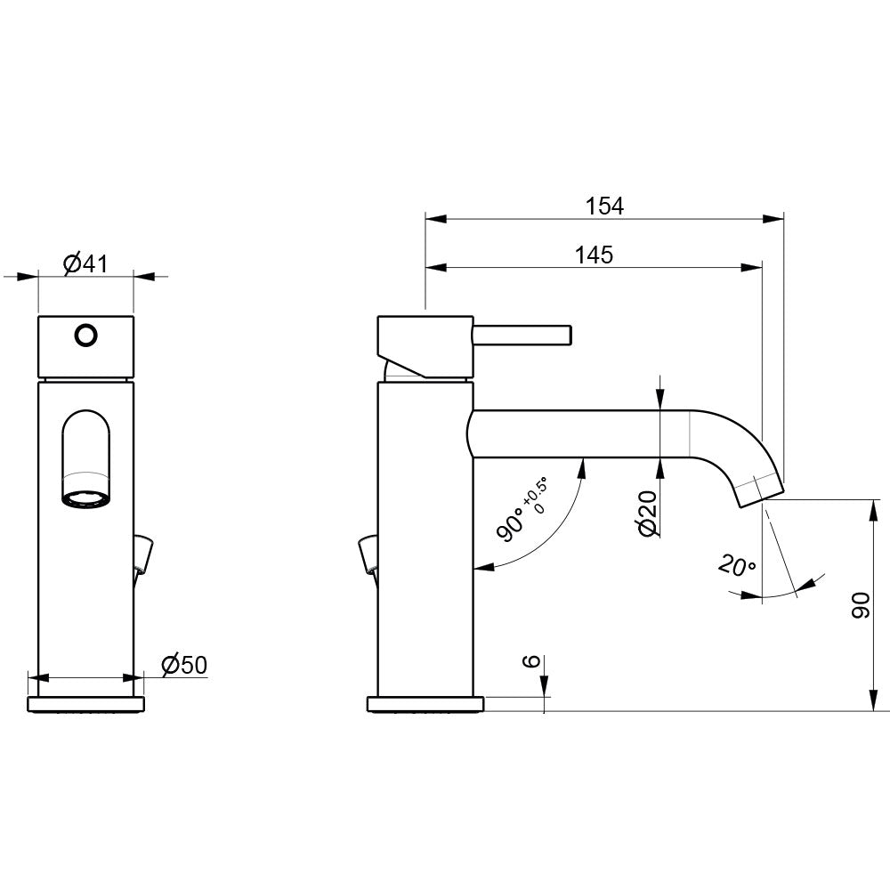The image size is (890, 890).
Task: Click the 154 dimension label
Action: click(604, 206)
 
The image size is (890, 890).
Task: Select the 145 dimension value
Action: click(595, 255)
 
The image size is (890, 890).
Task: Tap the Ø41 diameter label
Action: click(85, 264)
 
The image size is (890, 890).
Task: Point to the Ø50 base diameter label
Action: click(184, 665)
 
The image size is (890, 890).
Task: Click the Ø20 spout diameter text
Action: click(648, 514)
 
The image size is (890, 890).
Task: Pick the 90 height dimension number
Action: click(861, 604)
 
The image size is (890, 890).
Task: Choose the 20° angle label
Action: click(737, 565)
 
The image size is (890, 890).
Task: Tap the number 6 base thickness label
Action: click(531, 660)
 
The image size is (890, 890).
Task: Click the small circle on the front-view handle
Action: click(85, 336)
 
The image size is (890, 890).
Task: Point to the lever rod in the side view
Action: click(522, 335)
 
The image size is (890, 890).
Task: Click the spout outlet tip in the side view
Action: click(761, 495)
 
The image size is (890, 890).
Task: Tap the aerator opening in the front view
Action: click(85, 500)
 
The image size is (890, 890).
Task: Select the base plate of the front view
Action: click(85, 704)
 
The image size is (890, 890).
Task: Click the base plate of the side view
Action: click(425, 704)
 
